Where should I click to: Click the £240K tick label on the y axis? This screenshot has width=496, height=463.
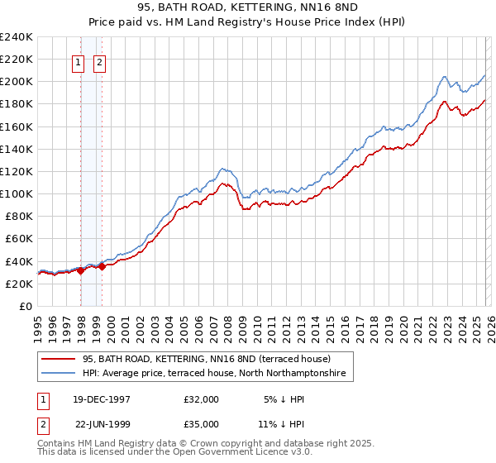[16, 37]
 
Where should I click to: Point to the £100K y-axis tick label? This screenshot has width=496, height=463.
[16, 193]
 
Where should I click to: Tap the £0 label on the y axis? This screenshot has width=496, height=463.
[25, 306]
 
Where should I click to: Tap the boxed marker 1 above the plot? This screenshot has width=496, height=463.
[79, 62]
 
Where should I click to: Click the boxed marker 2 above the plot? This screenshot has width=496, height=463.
[100, 62]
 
